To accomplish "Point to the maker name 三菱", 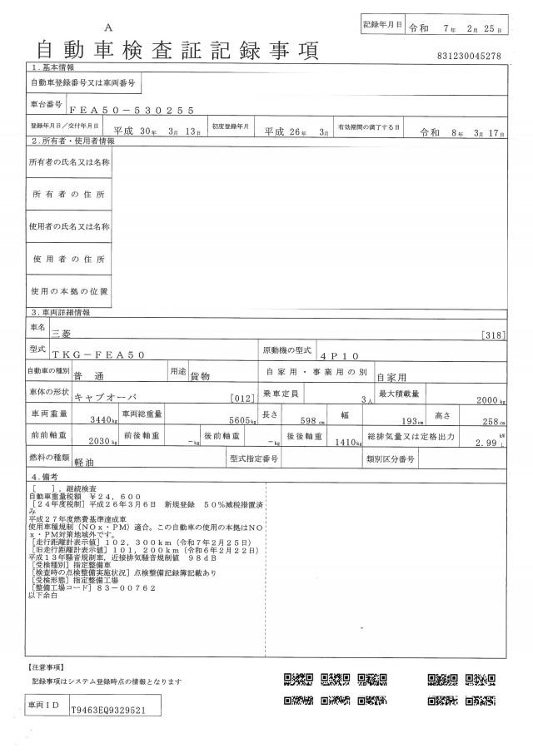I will point(62,332).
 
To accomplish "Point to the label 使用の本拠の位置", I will point(69,291).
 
